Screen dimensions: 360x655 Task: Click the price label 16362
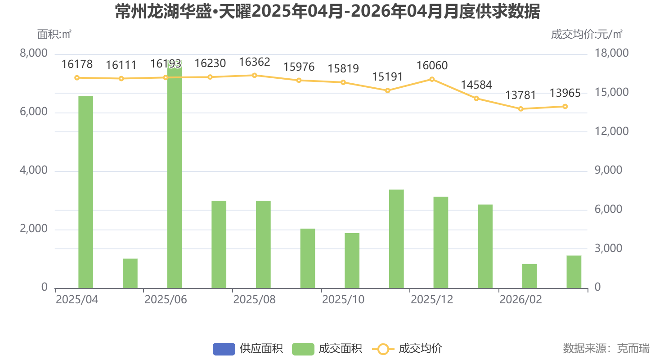(254, 62)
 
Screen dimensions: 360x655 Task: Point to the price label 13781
(520, 95)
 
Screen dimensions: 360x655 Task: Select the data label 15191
(387, 77)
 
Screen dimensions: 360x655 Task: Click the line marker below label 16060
(432, 79)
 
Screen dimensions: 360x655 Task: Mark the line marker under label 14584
(476, 99)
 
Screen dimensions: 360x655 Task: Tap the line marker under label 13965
(565, 107)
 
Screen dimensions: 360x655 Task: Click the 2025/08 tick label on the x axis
(254, 300)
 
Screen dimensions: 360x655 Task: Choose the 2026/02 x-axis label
(520, 300)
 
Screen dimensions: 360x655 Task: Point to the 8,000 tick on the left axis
(34, 54)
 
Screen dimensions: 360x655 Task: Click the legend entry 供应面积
(248, 349)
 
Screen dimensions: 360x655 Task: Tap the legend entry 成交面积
(327, 349)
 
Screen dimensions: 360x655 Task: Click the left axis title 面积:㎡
(54, 34)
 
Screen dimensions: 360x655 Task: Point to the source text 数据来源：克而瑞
(606, 348)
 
